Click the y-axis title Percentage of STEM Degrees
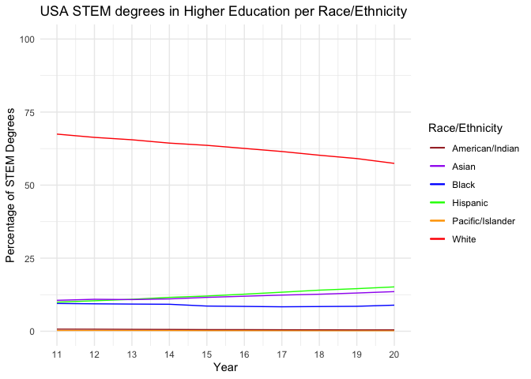(11, 186)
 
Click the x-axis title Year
(225, 367)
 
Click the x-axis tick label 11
(57, 355)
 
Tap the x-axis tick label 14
(169, 355)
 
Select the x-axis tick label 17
(281, 355)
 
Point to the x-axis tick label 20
(394, 355)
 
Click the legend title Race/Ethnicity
(466, 128)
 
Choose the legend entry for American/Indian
(484, 148)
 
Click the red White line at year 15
(206, 145)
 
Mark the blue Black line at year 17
(281, 307)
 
